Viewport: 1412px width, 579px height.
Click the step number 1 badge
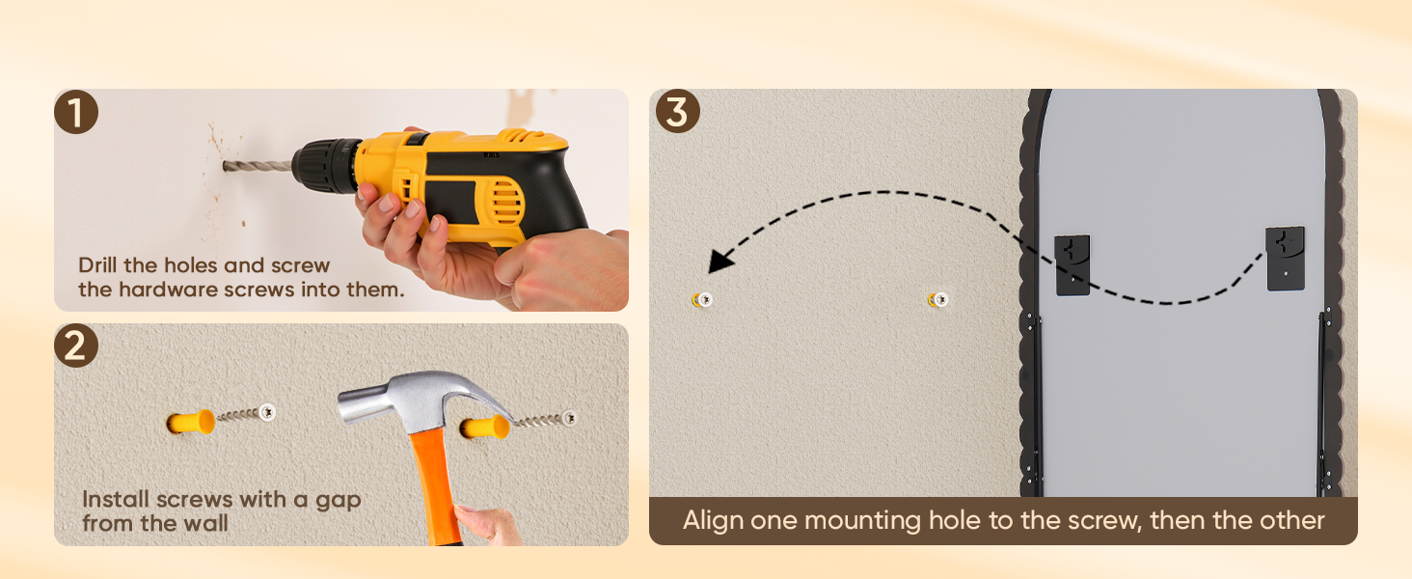pyautogui.click(x=75, y=112)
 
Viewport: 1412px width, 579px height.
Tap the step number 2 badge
pyautogui.click(x=75, y=345)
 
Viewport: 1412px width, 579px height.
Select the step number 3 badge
pyautogui.click(x=678, y=111)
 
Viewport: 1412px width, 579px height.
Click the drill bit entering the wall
pyautogui.click(x=258, y=167)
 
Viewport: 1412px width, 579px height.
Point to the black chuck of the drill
pyautogui.click(x=326, y=166)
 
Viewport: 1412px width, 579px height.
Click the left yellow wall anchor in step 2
pyautogui.click(x=190, y=422)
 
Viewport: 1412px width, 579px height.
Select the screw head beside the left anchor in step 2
pyautogui.click(x=267, y=412)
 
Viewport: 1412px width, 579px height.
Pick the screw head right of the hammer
pyautogui.click(x=569, y=418)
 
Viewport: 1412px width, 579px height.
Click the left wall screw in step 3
pyautogui.click(x=702, y=299)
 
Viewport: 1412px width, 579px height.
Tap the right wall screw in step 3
pyautogui.click(x=938, y=299)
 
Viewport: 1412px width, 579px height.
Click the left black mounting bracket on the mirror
pyautogui.click(x=1073, y=265)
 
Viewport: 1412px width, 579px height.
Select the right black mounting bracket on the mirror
pyautogui.click(x=1286, y=258)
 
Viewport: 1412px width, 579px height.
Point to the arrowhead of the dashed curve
pyautogui.click(x=720, y=261)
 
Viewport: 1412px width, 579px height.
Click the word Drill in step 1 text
pyautogui.click(x=97, y=265)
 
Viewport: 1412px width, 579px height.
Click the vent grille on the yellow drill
pyautogui.click(x=506, y=203)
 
